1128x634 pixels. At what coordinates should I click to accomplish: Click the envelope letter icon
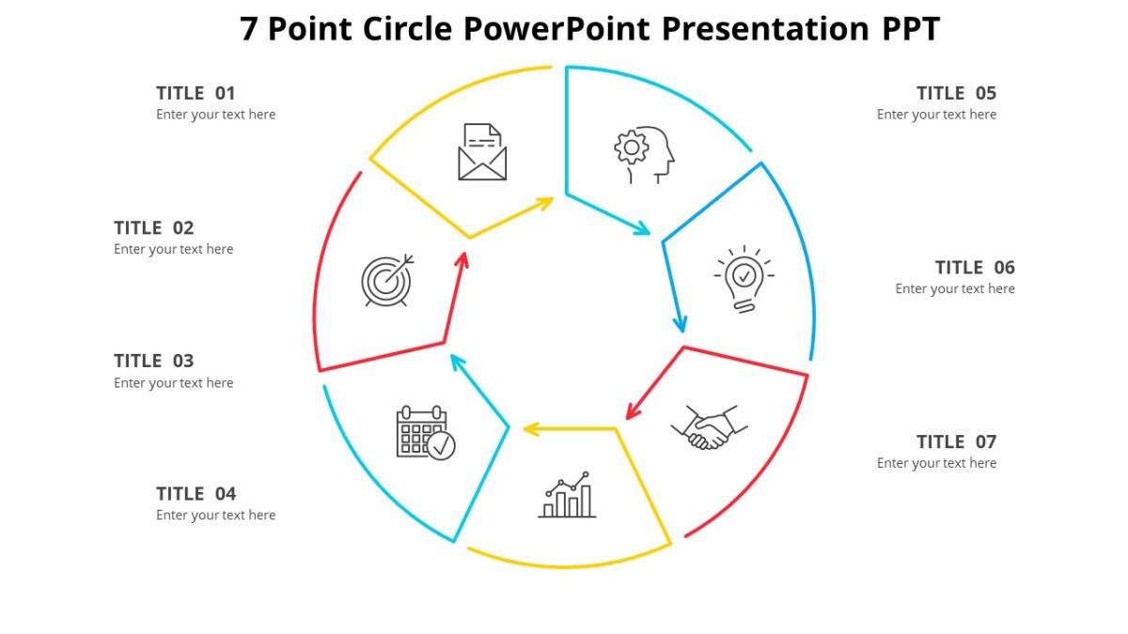[482, 152]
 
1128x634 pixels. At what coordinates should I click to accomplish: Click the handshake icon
[710, 427]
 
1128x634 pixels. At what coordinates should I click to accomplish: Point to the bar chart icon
[567, 495]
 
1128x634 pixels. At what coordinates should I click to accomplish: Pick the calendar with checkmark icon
[425, 433]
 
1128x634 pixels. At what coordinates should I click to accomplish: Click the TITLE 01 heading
[196, 93]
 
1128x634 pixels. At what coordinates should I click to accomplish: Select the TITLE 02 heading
[153, 227]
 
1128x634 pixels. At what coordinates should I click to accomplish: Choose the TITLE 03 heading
[153, 361]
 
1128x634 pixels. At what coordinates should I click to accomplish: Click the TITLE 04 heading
[196, 493]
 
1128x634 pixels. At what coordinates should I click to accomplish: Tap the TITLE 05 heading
[956, 93]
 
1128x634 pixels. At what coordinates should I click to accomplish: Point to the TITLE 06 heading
[975, 268]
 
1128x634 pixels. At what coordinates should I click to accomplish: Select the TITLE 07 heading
[956, 441]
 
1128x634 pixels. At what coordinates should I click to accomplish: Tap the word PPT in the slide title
[910, 29]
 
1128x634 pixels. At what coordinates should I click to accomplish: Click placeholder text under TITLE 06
[955, 289]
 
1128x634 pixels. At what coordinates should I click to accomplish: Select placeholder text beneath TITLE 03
[174, 383]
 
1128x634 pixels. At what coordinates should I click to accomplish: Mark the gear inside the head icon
[631, 147]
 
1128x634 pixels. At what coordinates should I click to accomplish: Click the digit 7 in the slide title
[249, 29]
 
